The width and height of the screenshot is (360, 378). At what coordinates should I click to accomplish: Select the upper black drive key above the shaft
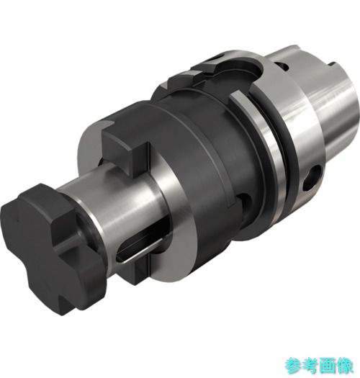click(125, 150)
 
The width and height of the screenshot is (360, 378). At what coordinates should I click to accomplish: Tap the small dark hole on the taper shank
click(282, 66)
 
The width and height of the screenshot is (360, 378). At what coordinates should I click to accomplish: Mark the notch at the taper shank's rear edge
click(333, 66)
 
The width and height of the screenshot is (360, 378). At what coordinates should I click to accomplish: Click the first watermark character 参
click(293, 366)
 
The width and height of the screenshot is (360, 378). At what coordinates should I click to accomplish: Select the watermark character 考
click(310, 366)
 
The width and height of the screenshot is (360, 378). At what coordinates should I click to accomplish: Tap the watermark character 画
click(327, 366)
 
